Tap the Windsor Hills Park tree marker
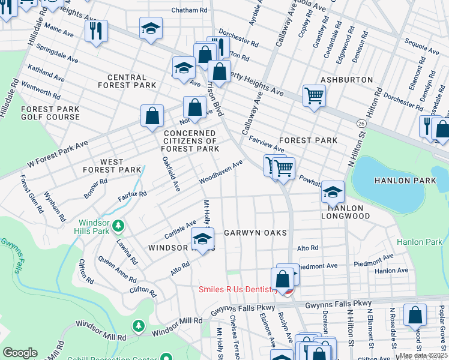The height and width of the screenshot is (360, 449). point(119,226)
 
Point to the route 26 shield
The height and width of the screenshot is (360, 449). point(360,123)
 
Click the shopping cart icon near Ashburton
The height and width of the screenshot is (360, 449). point(314,95)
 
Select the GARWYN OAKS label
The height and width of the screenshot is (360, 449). point(255,232)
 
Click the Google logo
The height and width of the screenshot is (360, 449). point(20,352)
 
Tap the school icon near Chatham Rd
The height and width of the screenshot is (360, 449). point(151,27)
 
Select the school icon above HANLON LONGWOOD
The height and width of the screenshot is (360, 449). point(332,191)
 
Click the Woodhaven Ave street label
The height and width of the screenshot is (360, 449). point(221,172)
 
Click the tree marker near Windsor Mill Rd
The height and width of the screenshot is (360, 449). point(139,325)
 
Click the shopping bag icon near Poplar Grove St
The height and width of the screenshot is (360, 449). point(415,314)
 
